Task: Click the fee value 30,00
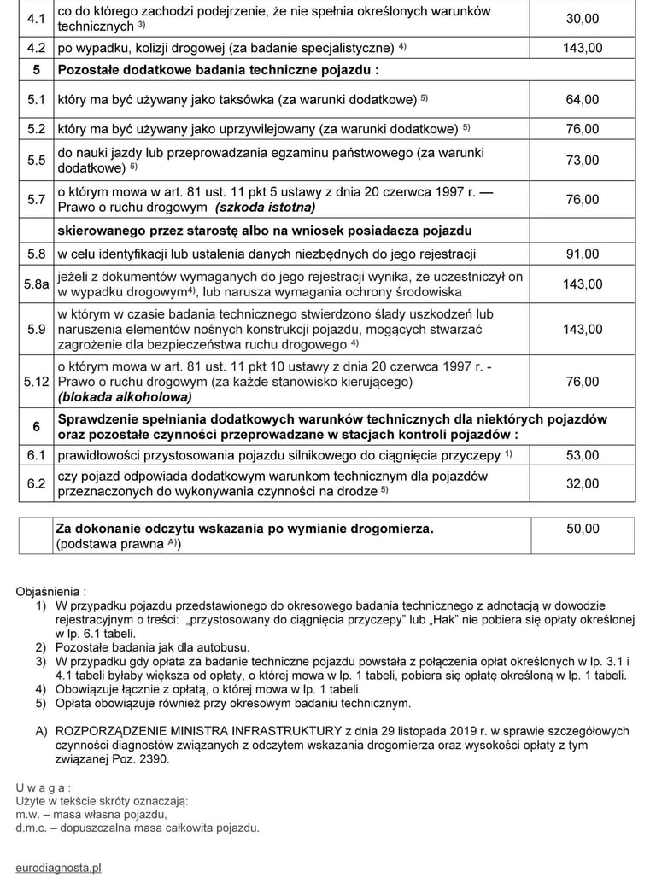pos(583,18)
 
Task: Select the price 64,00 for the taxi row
pos(583,100)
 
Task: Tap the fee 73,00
pos(583,161)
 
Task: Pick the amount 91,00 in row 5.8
pos(583,254)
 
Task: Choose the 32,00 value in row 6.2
pos(583,483)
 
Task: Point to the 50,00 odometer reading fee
pos(583,529)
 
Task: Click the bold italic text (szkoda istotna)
pos(265,208)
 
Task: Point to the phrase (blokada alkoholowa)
pos(124,397)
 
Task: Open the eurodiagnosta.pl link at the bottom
pos(58,868)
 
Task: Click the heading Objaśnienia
pos(50,591)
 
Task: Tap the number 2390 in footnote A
pos(154,758)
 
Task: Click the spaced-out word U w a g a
pos(43,787)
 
